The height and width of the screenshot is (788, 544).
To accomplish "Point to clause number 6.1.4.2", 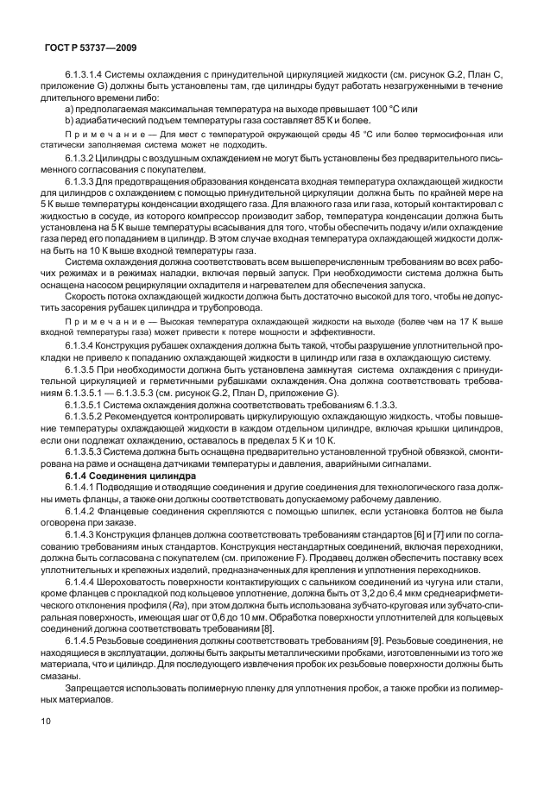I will coord(83,509).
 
